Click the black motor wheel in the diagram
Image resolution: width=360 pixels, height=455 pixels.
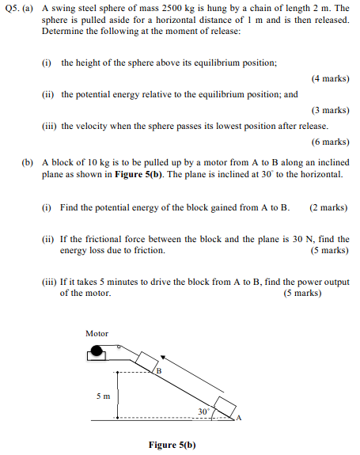point(98,351)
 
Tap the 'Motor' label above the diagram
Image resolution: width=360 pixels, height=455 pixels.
point(97,334)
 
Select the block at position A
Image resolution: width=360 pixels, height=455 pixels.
point(225,408)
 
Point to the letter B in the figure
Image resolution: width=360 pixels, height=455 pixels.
point(158,370)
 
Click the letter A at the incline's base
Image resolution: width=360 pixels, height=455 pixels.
point(238,419)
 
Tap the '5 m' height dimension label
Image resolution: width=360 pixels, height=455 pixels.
point(104,395)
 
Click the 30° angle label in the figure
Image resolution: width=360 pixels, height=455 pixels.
point(205,412)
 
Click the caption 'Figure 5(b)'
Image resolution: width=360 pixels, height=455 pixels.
point(172,445)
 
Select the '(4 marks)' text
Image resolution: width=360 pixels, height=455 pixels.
point(330,79)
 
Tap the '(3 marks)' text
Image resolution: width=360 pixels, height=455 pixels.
point(330,110)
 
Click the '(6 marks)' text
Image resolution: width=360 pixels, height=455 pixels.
point(330,142)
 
